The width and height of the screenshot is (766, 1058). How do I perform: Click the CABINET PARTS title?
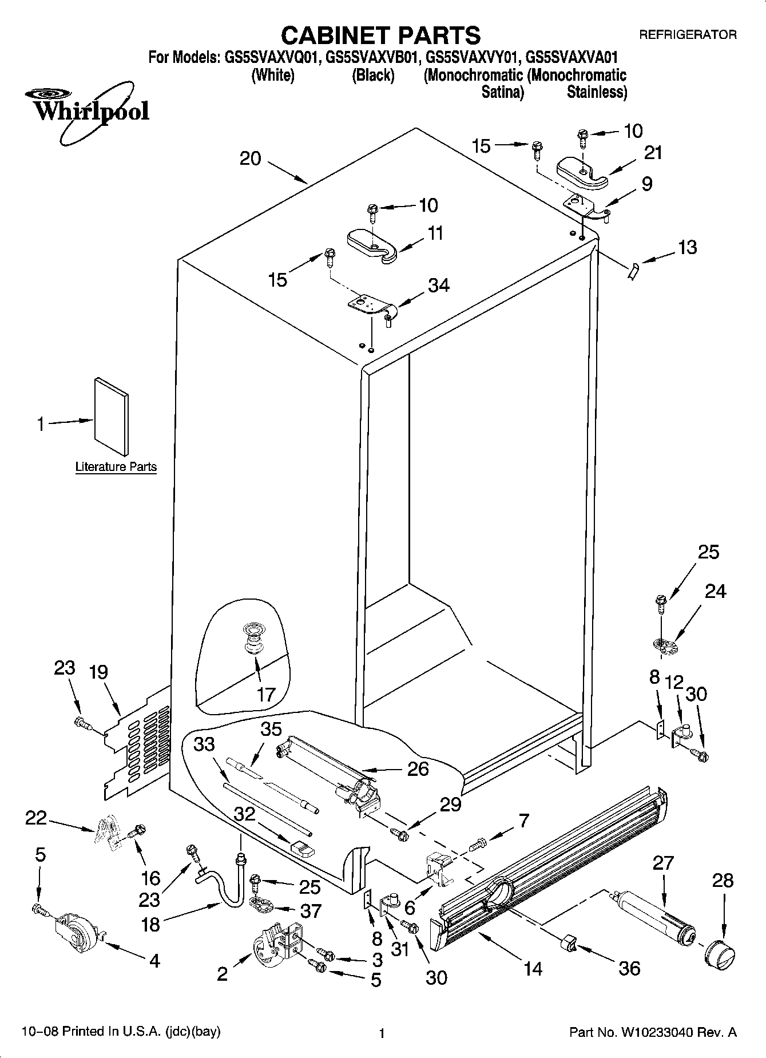[x=380, y=35]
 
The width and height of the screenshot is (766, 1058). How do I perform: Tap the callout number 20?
[x=250, y=158]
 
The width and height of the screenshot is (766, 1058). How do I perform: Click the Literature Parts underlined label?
[x=116, y=467]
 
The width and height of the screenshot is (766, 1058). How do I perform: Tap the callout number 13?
[x=687, y=247]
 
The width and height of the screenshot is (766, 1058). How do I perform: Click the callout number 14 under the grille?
[x=533, y=968]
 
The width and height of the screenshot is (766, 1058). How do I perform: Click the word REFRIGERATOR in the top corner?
[x=687, y=35]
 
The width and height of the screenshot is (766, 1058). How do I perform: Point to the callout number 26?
[x=418, y=768]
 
